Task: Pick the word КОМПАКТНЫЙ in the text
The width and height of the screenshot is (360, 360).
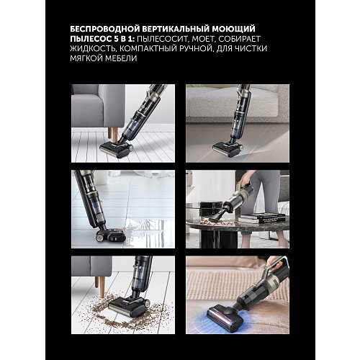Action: click(160, 53)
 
